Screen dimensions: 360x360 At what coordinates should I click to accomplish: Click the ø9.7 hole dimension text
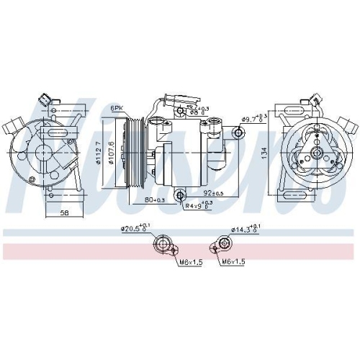[253, 118]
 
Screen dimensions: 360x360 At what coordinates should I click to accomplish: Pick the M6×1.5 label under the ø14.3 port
[234, 261]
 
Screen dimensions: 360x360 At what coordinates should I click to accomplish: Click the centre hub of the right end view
[315, 150]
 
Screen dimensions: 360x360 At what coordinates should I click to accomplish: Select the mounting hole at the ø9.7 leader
[239, 132]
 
